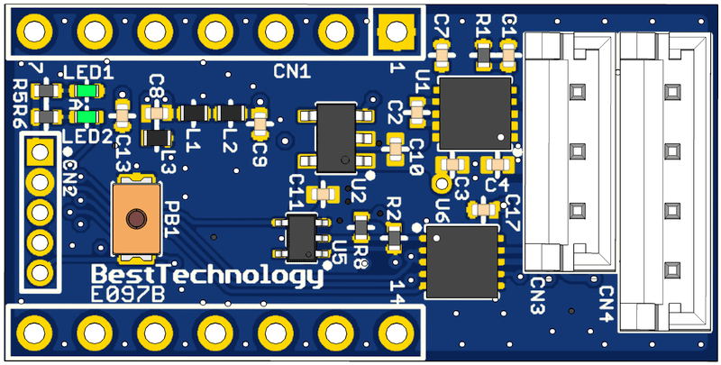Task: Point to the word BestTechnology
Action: click(x=207, y=276)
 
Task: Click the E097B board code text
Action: click(x=128, y=294)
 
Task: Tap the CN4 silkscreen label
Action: click(x=605, y=306)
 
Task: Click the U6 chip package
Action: click(x=462, y=261)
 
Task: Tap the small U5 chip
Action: click(x=301, y=235)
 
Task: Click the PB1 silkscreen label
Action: click(x=172, y=219)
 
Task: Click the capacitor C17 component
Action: click(x=484, y=209)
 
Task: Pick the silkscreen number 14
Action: click(x=396, y=291)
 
